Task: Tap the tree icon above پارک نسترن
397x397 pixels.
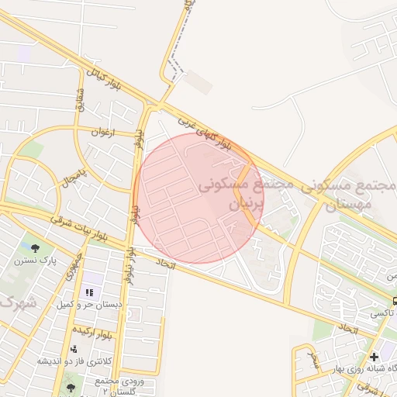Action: coord(36,248)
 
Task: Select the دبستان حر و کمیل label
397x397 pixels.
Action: coord(88,305)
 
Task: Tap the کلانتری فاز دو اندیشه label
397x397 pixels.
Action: coord(74,361)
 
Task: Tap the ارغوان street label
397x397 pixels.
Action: coord(101,133)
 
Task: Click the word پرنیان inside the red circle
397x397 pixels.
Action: coord(246,203)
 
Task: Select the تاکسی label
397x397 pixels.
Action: coord(382,314)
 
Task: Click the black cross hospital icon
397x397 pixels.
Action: coord(375,357)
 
